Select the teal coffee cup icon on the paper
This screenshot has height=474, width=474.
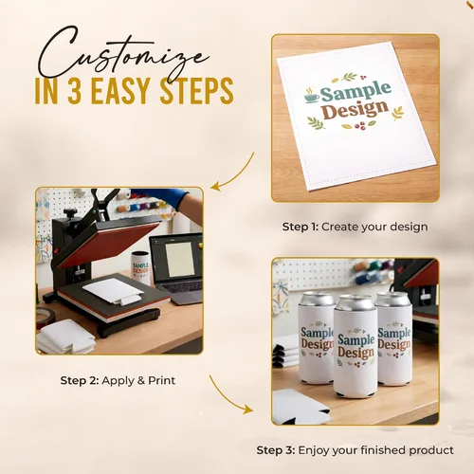click(312, 96)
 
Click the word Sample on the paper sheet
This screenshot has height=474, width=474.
click(355, 92)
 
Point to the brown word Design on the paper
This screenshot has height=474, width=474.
click(355, 110)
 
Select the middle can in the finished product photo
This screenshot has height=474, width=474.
click(355, 347)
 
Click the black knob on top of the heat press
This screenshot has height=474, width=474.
click(70, 212)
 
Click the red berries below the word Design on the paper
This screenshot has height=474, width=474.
click(360, 126)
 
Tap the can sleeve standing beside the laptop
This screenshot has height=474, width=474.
click(140, 267)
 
